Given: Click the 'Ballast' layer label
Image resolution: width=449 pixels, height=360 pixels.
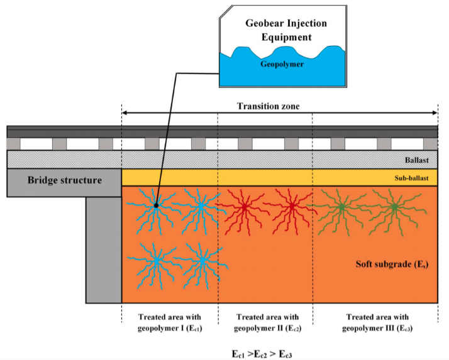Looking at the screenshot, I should pos(418,160).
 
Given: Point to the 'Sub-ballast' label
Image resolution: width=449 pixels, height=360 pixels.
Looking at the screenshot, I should pos(413,178).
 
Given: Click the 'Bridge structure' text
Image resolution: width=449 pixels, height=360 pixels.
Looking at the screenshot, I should pos(64,180).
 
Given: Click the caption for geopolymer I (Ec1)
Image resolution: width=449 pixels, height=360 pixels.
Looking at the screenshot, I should pos(170,322).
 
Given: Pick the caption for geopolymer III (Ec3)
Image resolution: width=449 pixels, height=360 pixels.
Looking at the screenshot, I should pos(376,322).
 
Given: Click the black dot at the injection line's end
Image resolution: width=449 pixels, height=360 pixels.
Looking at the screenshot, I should pos(155,205).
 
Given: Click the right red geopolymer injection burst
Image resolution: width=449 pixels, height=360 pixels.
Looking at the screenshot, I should pos(291,205).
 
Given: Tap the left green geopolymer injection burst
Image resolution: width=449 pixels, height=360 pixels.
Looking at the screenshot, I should pos(340,206).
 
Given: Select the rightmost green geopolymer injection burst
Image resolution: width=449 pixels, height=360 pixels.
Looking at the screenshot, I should pos(394,206).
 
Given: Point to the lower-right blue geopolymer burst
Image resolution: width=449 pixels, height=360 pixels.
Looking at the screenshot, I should pos(202,259).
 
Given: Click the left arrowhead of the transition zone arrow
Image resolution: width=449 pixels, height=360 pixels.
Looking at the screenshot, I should pos(124,113).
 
